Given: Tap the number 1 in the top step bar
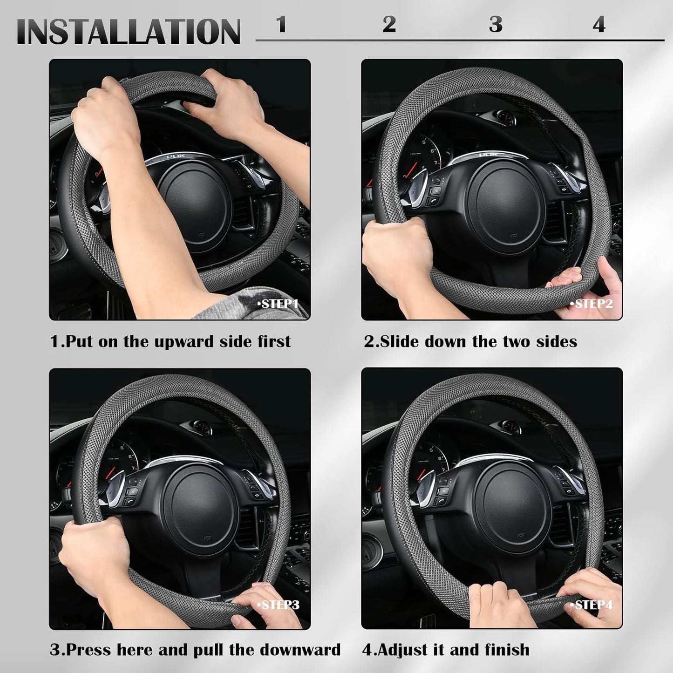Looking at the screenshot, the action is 281,24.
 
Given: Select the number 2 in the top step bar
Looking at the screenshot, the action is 389,24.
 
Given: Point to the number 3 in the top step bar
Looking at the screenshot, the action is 496,24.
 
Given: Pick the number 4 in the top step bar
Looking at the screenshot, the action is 599,24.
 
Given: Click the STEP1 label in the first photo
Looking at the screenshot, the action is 278,304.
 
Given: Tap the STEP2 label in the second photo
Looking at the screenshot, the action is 591,304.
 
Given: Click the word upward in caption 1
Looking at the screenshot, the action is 184,342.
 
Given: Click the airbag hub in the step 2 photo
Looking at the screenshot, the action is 506,206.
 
